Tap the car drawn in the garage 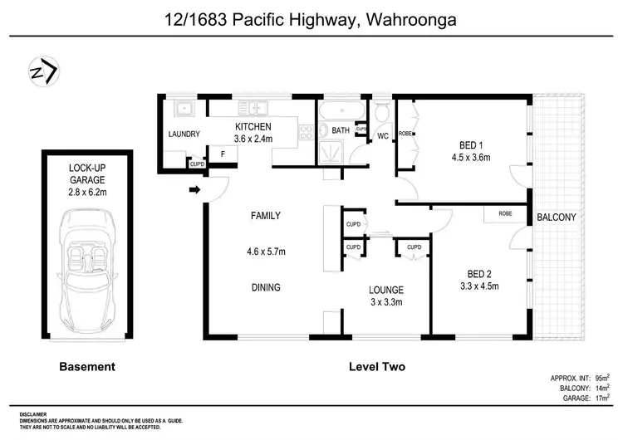tap(86, 269)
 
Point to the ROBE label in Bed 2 tap(505, 213)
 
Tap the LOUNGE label tap(386, 290)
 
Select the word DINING tap(266, 288)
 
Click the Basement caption tap(86, 366)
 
